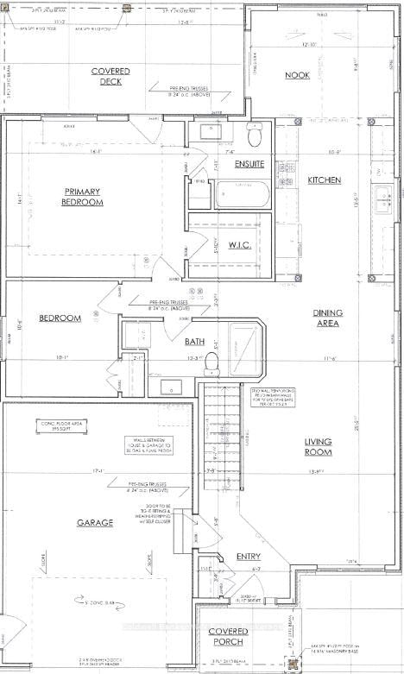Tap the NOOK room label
click(x=297, y=76)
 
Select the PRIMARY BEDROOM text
click(x=83, y=197)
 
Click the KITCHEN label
click(x=325, y=180)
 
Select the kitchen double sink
click(x=384, y=198)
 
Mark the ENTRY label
click(x=249, y=557)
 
